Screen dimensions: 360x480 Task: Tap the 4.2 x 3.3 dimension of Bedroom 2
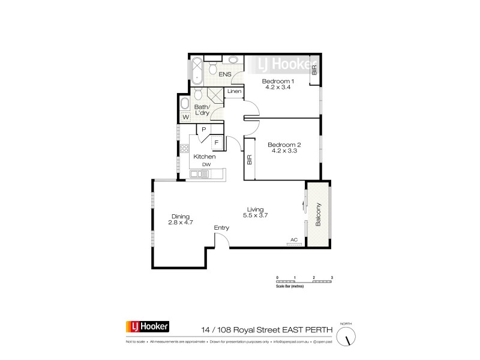click(284, 151)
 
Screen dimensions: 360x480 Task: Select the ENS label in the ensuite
click(225, 74)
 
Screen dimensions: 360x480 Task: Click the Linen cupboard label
click(235, 92)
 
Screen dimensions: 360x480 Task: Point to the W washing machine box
click(186, 116)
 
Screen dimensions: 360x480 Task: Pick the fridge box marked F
click(217, 142)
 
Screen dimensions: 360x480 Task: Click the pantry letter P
click(204, 130)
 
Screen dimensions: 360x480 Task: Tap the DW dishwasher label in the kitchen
click(206, 164)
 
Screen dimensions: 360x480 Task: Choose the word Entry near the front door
click(222, 228)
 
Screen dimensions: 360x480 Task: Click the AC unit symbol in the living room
click(294, 244)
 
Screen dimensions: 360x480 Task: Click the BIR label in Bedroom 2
click(249, 160)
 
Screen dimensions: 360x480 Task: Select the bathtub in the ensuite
click(196, 69)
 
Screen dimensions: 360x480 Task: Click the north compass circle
click(347, 337)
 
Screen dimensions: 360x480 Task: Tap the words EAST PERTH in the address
click(302, 329)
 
